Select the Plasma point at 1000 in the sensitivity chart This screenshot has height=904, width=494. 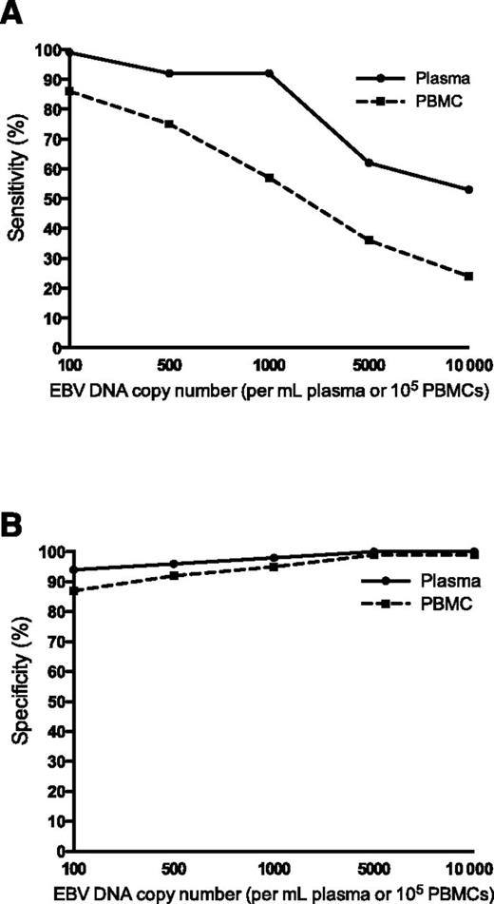270,73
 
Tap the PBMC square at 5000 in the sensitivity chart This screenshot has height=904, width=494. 370,240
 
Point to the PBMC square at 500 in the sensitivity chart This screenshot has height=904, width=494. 169,124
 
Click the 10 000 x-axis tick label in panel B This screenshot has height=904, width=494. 465,869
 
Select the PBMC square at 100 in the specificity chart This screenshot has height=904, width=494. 70,590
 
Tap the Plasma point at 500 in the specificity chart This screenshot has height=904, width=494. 169,564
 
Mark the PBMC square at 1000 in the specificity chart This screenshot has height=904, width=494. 270,567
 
